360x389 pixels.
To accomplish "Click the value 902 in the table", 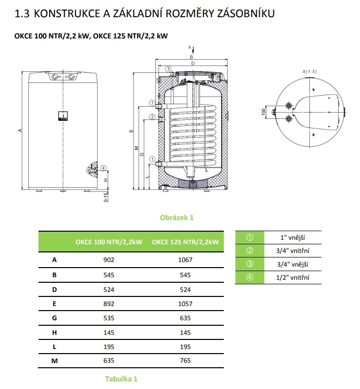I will pyautogui.click(x=109, y=260).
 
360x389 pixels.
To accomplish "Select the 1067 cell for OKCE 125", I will pyautogui.click(x=185, y=260).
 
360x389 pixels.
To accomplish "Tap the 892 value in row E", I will pyautogui.click(x=109, y=304).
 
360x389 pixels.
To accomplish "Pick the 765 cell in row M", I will pyautogui.click(x=185, y=361).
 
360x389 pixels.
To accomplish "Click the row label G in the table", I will pyautogui.click(x=54, y=318).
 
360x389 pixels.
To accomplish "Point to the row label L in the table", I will pyautogui.click(x=54, y=347).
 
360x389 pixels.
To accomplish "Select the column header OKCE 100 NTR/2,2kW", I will pyautogui.click(x=109, y=242).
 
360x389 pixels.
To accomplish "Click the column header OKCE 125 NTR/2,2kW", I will pyautogui.click(x=185, y=242).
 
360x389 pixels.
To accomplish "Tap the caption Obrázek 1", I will pyautogui.click(x=177, y=218).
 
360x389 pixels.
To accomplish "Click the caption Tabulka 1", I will pyautogui.click(x=121, y=378).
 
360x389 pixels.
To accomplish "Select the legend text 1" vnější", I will pyautogui.click(x=295, y=237).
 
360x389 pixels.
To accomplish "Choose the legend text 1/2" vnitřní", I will pyautogui.click(x=295, y=277).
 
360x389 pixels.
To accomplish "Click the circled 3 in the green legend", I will pyautogui.click(x=249, y=264).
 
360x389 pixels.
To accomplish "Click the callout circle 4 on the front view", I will pyautogui.click(x=103, y=168).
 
